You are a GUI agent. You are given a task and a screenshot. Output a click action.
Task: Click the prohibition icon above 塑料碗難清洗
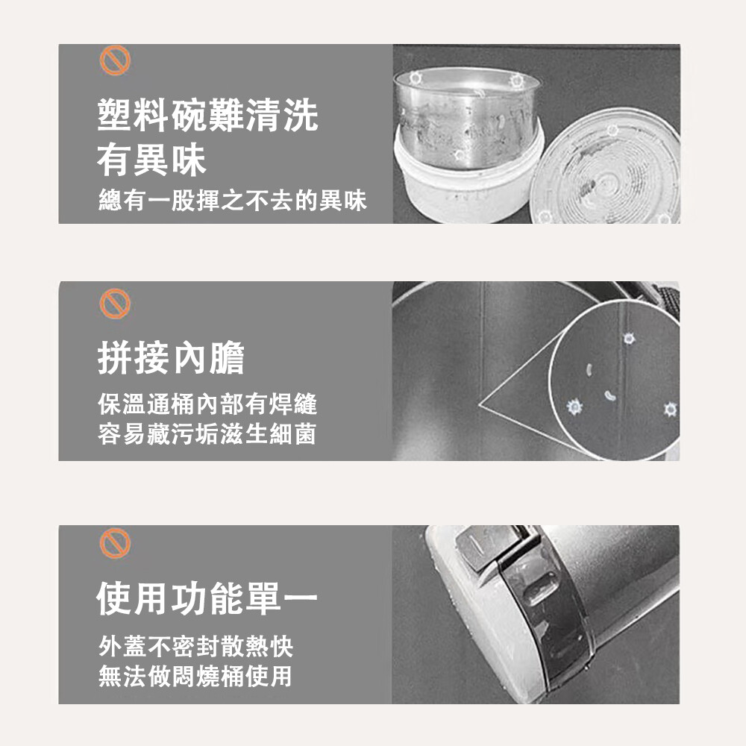(115, 60)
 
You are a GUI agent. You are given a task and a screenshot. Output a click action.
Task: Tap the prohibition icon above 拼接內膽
(115, 304)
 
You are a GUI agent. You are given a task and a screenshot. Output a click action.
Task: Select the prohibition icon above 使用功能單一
(115, 543)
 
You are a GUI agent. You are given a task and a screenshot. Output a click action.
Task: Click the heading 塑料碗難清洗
(207, 115)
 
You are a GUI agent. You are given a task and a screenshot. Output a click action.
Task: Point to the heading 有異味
(151, 160)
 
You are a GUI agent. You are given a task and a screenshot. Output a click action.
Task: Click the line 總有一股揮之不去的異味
(233, 200)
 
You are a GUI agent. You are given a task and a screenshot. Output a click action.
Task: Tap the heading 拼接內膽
(171, 357)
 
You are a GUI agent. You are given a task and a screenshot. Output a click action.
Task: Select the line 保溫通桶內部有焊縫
(207, 404)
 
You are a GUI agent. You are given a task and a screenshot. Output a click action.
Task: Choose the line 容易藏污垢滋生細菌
(207, 434)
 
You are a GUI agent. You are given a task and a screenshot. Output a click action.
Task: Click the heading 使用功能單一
(207, 598)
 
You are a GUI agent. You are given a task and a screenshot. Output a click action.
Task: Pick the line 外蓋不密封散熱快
(195, 646)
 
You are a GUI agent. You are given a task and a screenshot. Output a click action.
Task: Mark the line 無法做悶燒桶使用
(195, 676)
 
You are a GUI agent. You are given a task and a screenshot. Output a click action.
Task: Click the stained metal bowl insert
(467, 117)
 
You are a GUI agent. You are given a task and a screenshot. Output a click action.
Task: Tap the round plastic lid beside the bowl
(606, 167)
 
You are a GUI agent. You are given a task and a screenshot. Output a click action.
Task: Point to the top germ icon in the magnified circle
(629, 339)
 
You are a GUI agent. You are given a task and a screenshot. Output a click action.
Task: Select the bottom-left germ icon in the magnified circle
(574, 407)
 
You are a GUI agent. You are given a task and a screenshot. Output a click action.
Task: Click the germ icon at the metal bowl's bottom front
(460, 155)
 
